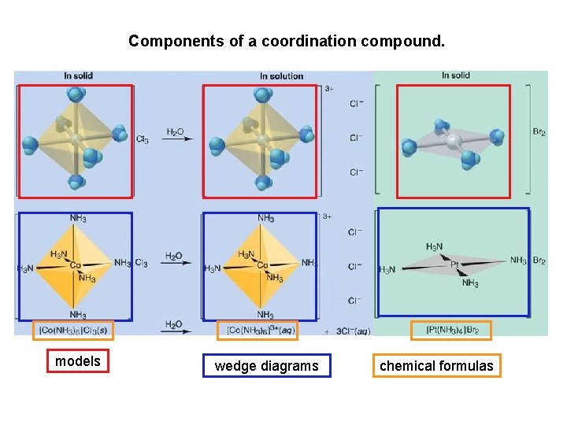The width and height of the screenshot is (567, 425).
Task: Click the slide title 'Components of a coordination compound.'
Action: pyautogui.click(x=287, y=40)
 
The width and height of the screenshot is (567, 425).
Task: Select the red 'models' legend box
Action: pyautogui.click(x=78, y=361)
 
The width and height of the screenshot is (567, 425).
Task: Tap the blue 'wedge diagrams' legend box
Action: pyautogui.click(x=266, y=365)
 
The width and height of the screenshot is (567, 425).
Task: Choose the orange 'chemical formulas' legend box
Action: pyautogui.click(x=436, y=365)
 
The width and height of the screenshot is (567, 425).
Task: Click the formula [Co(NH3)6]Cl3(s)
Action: pyautogui.click(x=73, y=331)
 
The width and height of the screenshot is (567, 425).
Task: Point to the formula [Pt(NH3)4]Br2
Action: pyautogui.click(x=452, y=331)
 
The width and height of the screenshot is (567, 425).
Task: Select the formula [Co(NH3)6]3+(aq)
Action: pyautogui.click(x=260, y=331)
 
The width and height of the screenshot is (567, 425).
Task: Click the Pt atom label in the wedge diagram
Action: pyautogui.click(x=456, y=264)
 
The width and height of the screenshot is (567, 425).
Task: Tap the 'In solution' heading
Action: pyautogui.click(x=281, y=76)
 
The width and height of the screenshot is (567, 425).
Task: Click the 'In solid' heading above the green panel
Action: pyautogui.click(x=455, y=76)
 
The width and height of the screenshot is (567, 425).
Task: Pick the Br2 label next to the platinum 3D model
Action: pyautogui.click(x=539, y=133)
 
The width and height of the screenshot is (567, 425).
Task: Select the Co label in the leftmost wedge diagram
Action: pyautogui.click(x=76, y=266)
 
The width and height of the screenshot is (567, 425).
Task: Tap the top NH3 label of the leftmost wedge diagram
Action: pyautogui.click(x=78, y=218)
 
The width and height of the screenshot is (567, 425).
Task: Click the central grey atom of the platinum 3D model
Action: pyautogui.click(x=453, y=141)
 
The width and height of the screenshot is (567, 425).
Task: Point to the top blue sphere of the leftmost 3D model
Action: pyautogui.click(x=76, y=95)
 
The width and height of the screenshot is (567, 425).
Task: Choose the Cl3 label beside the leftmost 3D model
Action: pyautogui.click(x=142, y=140)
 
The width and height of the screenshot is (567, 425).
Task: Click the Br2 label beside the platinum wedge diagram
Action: pyautogui.click(x=539, y=261)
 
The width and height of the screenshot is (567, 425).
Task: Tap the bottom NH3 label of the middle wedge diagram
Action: pyautogui.click(x=265, y=315)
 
